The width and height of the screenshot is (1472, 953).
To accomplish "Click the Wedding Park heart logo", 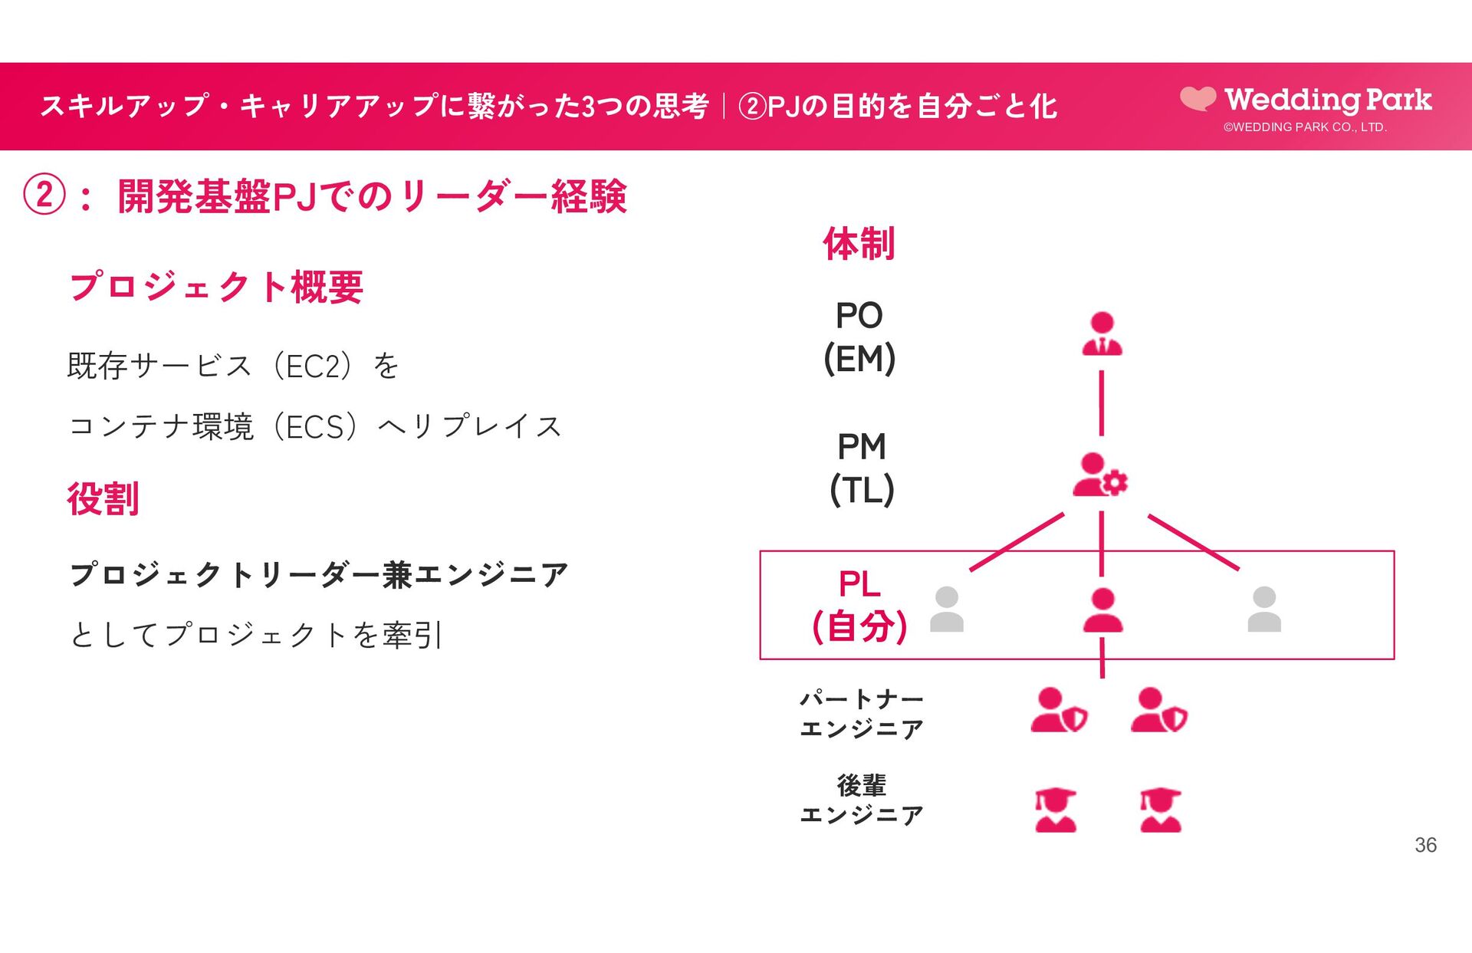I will point(1198,98).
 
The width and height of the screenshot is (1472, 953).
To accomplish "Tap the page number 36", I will point(1425,845).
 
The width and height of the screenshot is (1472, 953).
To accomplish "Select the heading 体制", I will point(859,244).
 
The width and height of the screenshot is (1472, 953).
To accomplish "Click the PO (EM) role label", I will point(859,337).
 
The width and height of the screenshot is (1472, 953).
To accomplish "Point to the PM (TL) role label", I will point(862,468).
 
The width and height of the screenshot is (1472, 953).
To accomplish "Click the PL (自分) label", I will point(859,605).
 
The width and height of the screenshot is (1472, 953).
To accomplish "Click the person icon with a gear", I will point(1100,475).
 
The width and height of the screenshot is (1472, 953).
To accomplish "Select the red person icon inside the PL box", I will point(1102,610).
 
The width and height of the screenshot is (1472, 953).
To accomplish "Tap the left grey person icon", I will point(947,610).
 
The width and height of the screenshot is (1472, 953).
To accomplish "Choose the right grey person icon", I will point(1264,610).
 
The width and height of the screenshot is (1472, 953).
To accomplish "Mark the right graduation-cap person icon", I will point(1160,810).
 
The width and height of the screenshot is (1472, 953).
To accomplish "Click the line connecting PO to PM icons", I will point(1102,403).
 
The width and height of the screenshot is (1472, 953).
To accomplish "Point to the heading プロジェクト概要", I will point(216,287).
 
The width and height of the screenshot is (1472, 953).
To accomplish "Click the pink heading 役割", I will point(103,498).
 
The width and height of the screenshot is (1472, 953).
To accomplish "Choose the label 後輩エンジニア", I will point(861,799).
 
